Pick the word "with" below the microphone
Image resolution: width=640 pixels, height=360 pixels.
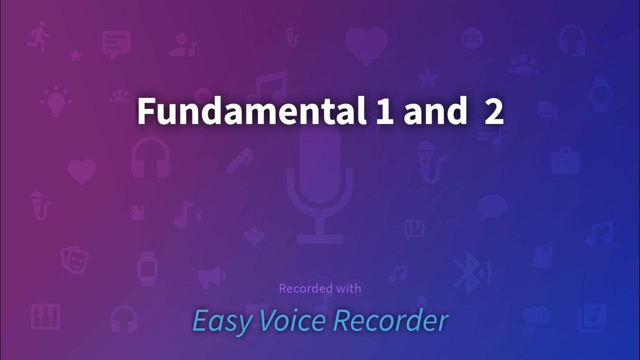click(x=348, y=288)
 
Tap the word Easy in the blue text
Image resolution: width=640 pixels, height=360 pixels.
click(x=222, y=321)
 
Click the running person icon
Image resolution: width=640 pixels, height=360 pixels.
click(x=39, y=36)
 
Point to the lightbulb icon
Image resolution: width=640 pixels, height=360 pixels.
click(x=55, y=101)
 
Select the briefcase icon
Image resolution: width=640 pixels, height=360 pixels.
click(x=565, y=160)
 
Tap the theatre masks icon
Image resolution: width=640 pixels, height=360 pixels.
click(x=74, y=258)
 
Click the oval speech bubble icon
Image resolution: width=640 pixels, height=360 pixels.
click(x=493, y=206)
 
